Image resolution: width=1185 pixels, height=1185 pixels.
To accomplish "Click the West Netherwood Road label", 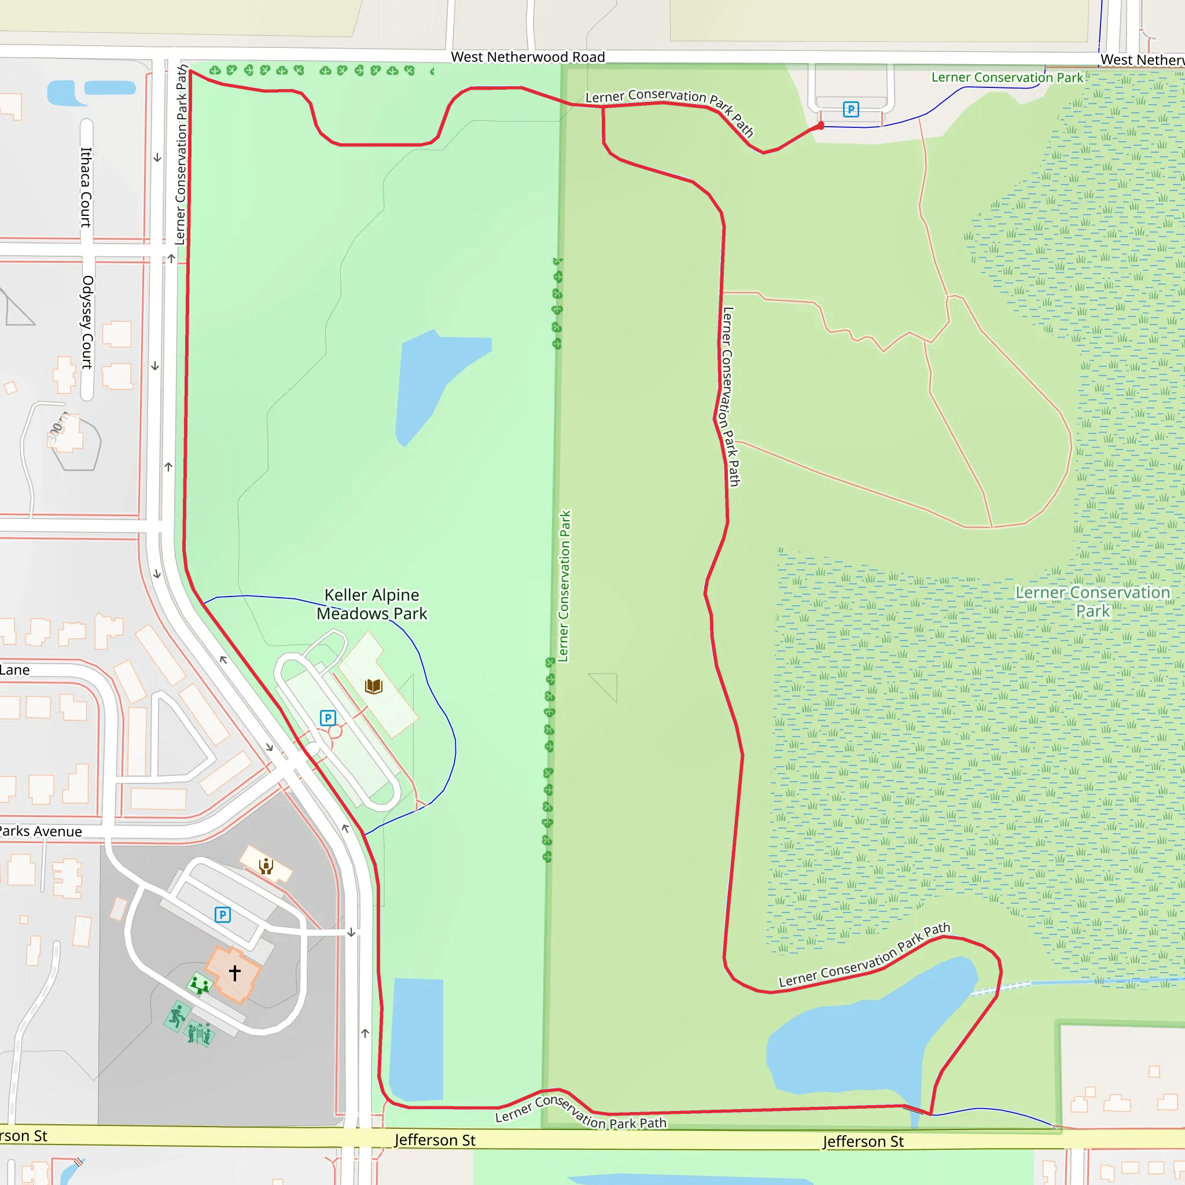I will pos(528,57).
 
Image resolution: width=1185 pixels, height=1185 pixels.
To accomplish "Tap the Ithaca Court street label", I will pos(86,187).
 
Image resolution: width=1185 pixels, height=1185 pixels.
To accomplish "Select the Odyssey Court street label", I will pos(88,322).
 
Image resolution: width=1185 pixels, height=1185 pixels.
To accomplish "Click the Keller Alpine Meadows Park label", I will pos(371,604).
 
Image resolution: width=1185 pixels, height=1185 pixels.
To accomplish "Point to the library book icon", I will pos(374,686).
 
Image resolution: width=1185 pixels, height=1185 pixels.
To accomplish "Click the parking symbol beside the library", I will pos(328,717).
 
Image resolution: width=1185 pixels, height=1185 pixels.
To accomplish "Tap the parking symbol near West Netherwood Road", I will pos(851,110).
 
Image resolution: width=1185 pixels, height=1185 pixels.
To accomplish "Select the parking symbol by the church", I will pos(223,915).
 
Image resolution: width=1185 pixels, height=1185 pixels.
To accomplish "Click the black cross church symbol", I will pos(235,972).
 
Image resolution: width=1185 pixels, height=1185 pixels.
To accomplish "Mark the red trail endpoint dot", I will pos(820,126).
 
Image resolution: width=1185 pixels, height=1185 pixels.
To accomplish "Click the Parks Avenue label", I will pos(41,831).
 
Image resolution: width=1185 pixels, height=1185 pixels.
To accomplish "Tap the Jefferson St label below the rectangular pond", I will pos(435,1140).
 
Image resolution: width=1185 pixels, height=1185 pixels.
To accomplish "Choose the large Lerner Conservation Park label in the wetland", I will pos(1092,602).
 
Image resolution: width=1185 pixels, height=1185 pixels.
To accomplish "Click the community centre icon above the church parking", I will pos(266,866).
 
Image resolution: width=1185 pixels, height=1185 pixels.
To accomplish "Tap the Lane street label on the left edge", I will pos(14,670).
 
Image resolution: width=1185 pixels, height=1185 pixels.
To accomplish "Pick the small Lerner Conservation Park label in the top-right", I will pos(1007,78).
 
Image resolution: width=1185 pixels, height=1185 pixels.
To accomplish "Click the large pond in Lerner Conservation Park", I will pos(859,1036).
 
